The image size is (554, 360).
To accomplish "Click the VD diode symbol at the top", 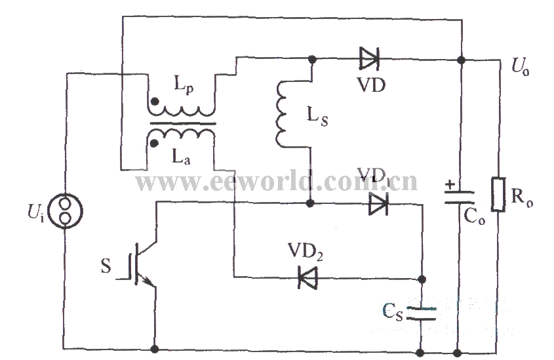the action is click(369, 58).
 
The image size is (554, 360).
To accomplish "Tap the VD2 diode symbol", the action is click(307, 278).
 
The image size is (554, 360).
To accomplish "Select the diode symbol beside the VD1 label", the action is click(378, 204).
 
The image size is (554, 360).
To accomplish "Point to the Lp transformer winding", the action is click(180, 110).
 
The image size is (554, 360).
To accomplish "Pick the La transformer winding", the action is click(180, 134).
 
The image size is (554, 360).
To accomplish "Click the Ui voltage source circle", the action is click(65, 211).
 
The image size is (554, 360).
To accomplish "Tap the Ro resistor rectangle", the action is click(498, 194).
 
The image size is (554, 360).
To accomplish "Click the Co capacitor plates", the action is click(459, 198).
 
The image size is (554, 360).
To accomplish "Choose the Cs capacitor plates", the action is click(421, 313).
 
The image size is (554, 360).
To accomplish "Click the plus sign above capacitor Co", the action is click(450, 184).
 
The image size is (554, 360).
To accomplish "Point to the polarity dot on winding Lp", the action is click(155, 102).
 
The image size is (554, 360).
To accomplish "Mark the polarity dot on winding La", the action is click(154, 143).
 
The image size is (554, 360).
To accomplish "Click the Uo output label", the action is click(521, 67).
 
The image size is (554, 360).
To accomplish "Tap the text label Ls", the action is click(317, 116).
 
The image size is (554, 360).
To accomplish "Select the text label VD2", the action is click(306, 252).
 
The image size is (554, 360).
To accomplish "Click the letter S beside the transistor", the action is click(106, 266).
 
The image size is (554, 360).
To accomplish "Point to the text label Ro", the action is click(522, 198).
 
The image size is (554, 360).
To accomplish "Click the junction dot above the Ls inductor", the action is click(312, 59).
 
